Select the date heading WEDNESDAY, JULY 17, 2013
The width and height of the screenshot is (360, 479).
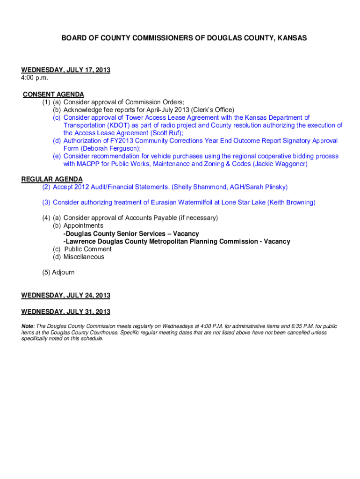[66, 70]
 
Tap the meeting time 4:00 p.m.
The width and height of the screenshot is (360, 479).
[35, 78]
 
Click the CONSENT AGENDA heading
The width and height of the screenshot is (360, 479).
[54, 94]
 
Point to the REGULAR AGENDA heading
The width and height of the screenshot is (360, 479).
[52, 179]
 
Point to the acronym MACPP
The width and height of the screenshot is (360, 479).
[88, 164]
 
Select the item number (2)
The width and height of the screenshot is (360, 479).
[46, 187]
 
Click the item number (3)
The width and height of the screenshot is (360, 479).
[46, 203]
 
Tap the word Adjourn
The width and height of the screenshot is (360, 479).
[64, 272]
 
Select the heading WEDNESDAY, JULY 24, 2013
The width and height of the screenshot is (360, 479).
[66, 296]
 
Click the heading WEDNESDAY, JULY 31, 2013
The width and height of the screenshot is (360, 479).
[66, 312]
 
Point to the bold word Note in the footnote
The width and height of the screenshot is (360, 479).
[27, 326]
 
